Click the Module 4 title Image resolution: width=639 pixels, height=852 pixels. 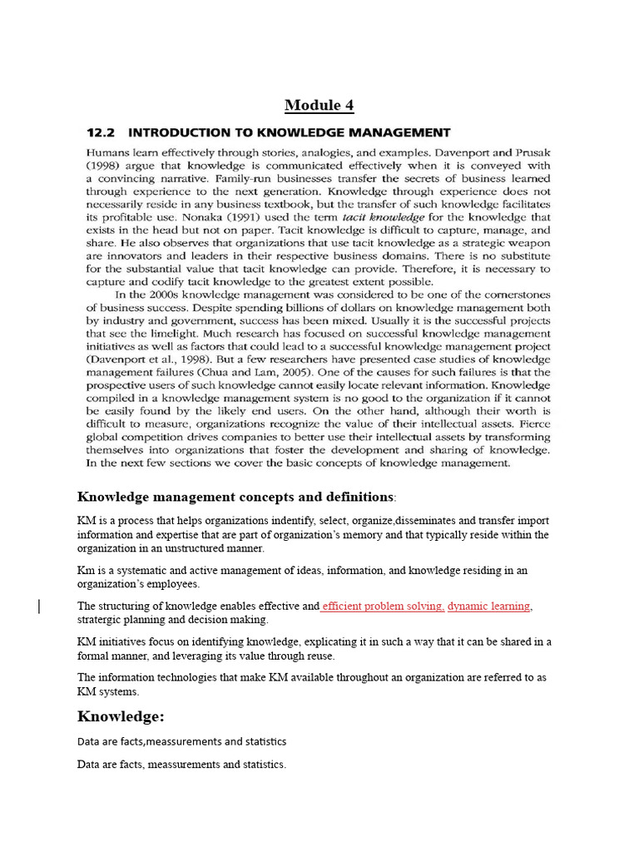313,105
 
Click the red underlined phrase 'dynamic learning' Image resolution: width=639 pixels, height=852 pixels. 489,606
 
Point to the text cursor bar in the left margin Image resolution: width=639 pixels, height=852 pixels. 40,607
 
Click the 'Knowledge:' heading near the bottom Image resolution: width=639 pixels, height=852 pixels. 118,716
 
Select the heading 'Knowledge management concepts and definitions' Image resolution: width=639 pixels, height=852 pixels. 235,497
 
